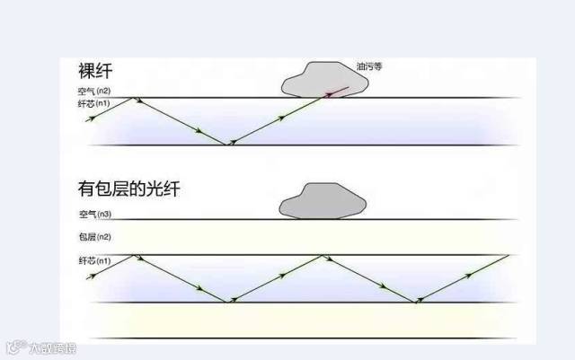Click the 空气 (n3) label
pos(93,214)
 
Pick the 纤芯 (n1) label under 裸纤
pos(93,104)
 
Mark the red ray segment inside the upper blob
pos(336,92)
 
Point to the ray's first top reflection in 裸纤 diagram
pos(135,98)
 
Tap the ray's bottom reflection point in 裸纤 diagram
pos(230,144)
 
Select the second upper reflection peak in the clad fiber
pos(324,255)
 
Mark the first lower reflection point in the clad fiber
pos(230,303)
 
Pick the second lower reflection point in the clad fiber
pos(417,303)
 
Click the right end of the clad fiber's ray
pos(509,256)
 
